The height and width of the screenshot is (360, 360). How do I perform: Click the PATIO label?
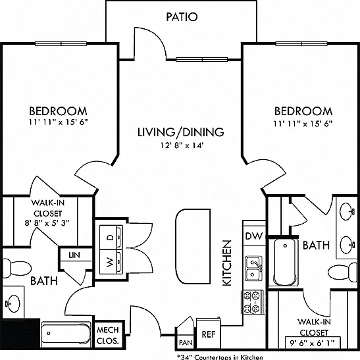182,17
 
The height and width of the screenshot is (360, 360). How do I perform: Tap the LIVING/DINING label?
181,132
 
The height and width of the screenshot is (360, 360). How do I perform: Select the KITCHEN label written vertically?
227,263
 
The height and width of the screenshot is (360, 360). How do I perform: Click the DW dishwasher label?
254,236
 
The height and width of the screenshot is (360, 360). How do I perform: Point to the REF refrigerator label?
209,334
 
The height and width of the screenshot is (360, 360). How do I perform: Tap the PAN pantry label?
186,342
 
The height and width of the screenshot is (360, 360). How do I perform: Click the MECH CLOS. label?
108,336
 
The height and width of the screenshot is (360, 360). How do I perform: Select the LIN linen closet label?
74,255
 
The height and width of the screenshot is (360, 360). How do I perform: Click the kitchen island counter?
193,246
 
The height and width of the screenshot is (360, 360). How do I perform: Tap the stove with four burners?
252,302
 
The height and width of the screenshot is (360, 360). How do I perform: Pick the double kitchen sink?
254,269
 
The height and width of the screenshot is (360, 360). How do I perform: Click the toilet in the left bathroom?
16,268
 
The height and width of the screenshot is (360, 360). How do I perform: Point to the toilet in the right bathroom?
343,272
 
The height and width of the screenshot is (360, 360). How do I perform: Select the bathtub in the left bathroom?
66,333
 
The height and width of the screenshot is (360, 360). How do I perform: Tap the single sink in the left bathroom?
14,303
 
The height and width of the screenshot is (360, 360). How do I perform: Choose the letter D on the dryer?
111,237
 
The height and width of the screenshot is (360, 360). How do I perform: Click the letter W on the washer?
111,262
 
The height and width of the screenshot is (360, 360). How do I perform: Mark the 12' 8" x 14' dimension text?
182,145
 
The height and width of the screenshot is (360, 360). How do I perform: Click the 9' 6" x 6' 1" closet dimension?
312,343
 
